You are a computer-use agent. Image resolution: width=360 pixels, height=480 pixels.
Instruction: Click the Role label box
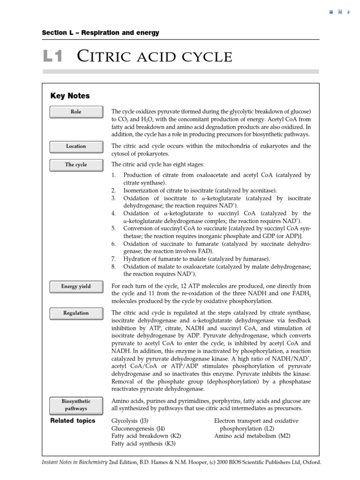coord(75,112)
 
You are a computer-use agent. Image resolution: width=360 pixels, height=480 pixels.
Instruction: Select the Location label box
coord(75,146)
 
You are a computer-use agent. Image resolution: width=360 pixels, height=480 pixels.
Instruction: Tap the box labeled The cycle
coord(75,165)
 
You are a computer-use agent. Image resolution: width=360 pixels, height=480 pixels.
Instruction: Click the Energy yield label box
coord(75,286)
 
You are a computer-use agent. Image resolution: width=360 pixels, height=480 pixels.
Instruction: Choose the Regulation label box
coord(75,313)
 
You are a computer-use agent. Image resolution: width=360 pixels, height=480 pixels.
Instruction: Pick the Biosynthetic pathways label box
coord(75,405)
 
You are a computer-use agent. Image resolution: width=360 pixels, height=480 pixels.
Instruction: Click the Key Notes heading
coord(70,96)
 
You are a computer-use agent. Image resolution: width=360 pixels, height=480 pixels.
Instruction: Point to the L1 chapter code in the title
coord(52,57)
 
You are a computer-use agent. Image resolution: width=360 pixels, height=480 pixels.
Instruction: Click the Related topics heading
coord(73,420)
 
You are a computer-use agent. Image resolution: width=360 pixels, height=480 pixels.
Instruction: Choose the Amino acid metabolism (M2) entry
coord(252,435)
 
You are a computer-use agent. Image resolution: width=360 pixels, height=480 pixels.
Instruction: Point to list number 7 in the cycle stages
coord(113,258)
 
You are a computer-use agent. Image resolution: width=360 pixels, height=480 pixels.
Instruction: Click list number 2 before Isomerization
coord(113,190)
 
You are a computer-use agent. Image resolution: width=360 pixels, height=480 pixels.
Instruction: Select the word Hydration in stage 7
coord(136,258)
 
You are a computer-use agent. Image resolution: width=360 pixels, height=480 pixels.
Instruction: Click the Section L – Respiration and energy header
coord(100,33)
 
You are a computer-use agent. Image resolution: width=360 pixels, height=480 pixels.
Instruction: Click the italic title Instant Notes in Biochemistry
coord(75,462)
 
